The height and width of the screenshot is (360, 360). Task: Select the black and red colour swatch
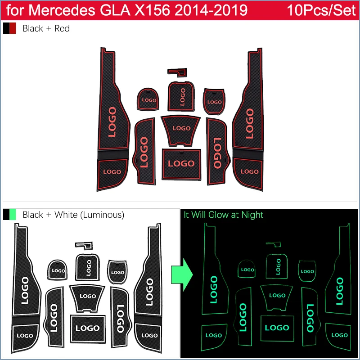9,28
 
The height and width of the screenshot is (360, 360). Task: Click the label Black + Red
46,28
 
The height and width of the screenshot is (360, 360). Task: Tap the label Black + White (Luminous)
73,215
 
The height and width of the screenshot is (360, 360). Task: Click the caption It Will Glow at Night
223,215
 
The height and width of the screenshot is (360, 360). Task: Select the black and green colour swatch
9,215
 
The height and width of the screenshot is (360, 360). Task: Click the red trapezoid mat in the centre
181,129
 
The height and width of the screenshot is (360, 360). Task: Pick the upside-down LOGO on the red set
216,153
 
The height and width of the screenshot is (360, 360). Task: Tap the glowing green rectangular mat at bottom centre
277,328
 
